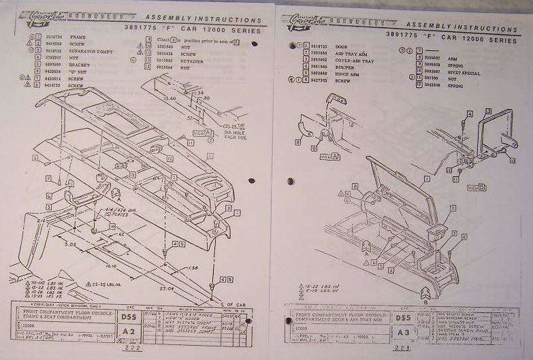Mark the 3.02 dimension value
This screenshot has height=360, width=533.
69,243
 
